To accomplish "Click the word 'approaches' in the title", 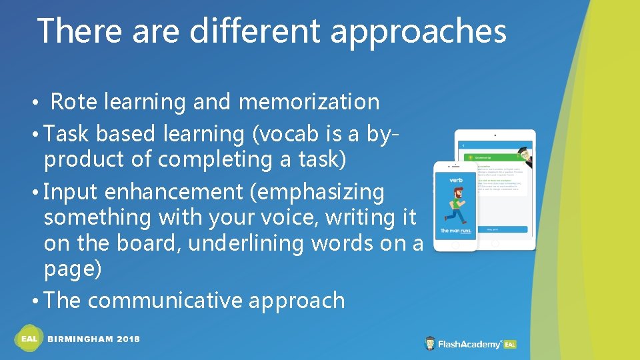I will coord(419,32).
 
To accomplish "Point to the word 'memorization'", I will coord(309,102).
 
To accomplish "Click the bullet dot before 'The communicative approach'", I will coord(35,301).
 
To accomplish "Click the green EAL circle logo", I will coord(29,339).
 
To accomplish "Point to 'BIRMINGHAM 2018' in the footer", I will coord(94,339).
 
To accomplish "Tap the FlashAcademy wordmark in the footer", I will coord(469,344).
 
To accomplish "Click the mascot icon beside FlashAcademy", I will coord(431,344).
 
